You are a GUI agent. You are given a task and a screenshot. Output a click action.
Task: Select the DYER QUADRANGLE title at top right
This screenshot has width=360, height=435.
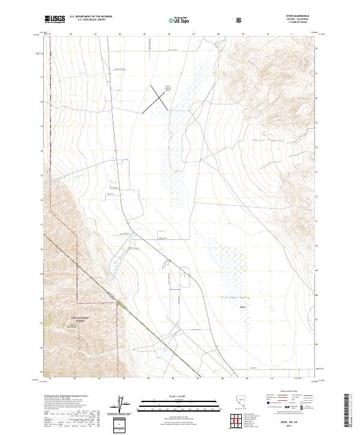click(304, 16)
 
